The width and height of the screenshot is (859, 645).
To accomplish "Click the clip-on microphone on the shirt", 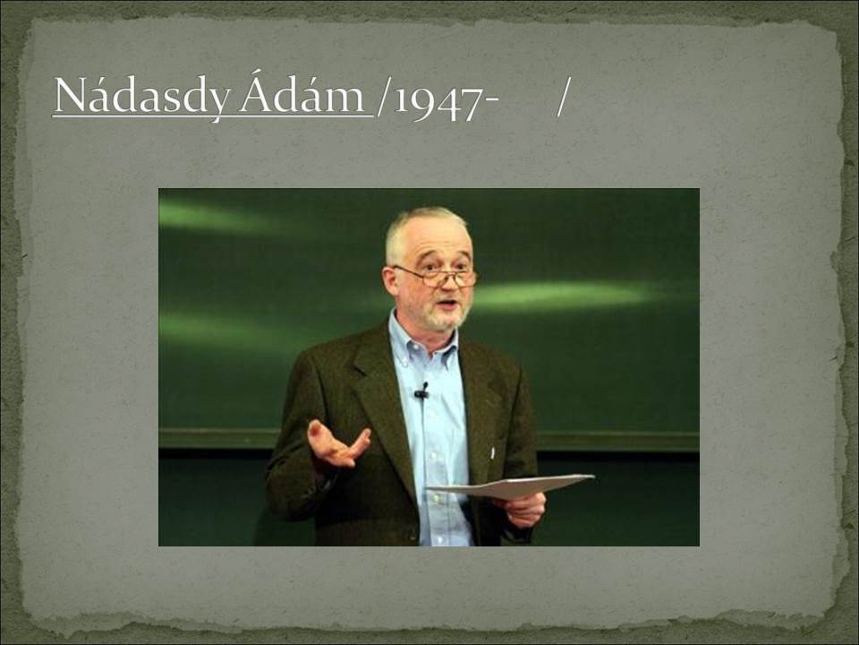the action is pos(421,391).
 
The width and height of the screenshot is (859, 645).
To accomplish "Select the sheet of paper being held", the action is pos(511,486).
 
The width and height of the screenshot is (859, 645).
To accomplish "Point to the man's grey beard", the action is pos(445,318).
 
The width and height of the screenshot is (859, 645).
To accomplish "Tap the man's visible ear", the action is pos(391,280).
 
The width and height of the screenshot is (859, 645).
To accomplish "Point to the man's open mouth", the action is pos(448,303).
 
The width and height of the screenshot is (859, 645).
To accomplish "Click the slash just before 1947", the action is pos(382,97).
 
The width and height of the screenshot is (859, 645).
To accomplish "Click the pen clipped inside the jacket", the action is pos(492,453).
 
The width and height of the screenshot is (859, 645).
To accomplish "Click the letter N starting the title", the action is pos(72,94).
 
